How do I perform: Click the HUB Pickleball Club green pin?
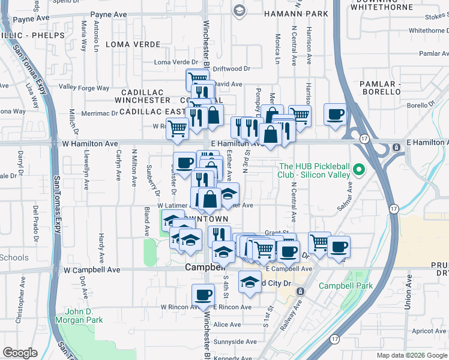click(x=359, y=169)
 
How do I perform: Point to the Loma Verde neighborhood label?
click(x=133, y=44)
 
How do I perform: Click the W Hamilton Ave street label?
click(x=89, y=144)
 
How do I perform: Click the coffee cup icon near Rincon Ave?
click(x=203, y=295)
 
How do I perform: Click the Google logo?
click(x=20, y=353)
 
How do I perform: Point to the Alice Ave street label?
click(x=227, y=325)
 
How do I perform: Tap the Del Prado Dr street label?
click(x=36, y=224)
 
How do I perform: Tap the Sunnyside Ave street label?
click(x=236, y=342)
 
